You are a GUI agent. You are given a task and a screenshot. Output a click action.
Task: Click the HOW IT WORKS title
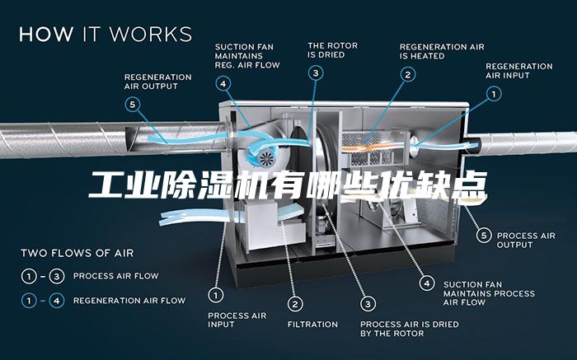[106, 34]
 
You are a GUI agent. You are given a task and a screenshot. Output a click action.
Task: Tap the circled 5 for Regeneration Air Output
[132, 105]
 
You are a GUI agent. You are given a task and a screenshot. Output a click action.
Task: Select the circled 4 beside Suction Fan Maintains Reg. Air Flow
[223, 84]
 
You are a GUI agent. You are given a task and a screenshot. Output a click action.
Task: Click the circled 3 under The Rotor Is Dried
[316, 73]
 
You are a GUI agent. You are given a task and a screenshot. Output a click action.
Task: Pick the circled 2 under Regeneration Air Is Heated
[408, 75]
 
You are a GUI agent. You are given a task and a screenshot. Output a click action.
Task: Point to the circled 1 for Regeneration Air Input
[494, 94]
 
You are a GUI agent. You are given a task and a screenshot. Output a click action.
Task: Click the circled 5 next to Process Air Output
[484, 235]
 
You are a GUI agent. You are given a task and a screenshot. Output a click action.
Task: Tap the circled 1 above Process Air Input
[216, 295]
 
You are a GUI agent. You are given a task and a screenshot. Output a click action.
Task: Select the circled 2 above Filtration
[295, 304]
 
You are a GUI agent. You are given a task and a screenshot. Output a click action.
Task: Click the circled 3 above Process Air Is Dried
[368, 304]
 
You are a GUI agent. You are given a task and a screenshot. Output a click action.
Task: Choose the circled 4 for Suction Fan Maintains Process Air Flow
[427, 283]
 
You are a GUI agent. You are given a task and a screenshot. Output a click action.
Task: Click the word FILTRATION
[312, 325]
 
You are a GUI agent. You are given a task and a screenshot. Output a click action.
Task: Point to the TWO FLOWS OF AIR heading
[77, 253]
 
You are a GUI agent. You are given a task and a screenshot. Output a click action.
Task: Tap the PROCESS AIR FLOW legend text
[116, 276]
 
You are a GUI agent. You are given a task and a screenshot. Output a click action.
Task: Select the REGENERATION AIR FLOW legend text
[129, 301]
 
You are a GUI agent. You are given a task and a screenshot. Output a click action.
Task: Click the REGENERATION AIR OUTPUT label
[158, 82]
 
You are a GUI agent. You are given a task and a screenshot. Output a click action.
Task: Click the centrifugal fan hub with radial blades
[265, 159]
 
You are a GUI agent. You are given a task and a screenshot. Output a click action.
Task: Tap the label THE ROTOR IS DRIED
[333, 50]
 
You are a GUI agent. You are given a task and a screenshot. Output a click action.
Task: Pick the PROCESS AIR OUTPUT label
[526, 240]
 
